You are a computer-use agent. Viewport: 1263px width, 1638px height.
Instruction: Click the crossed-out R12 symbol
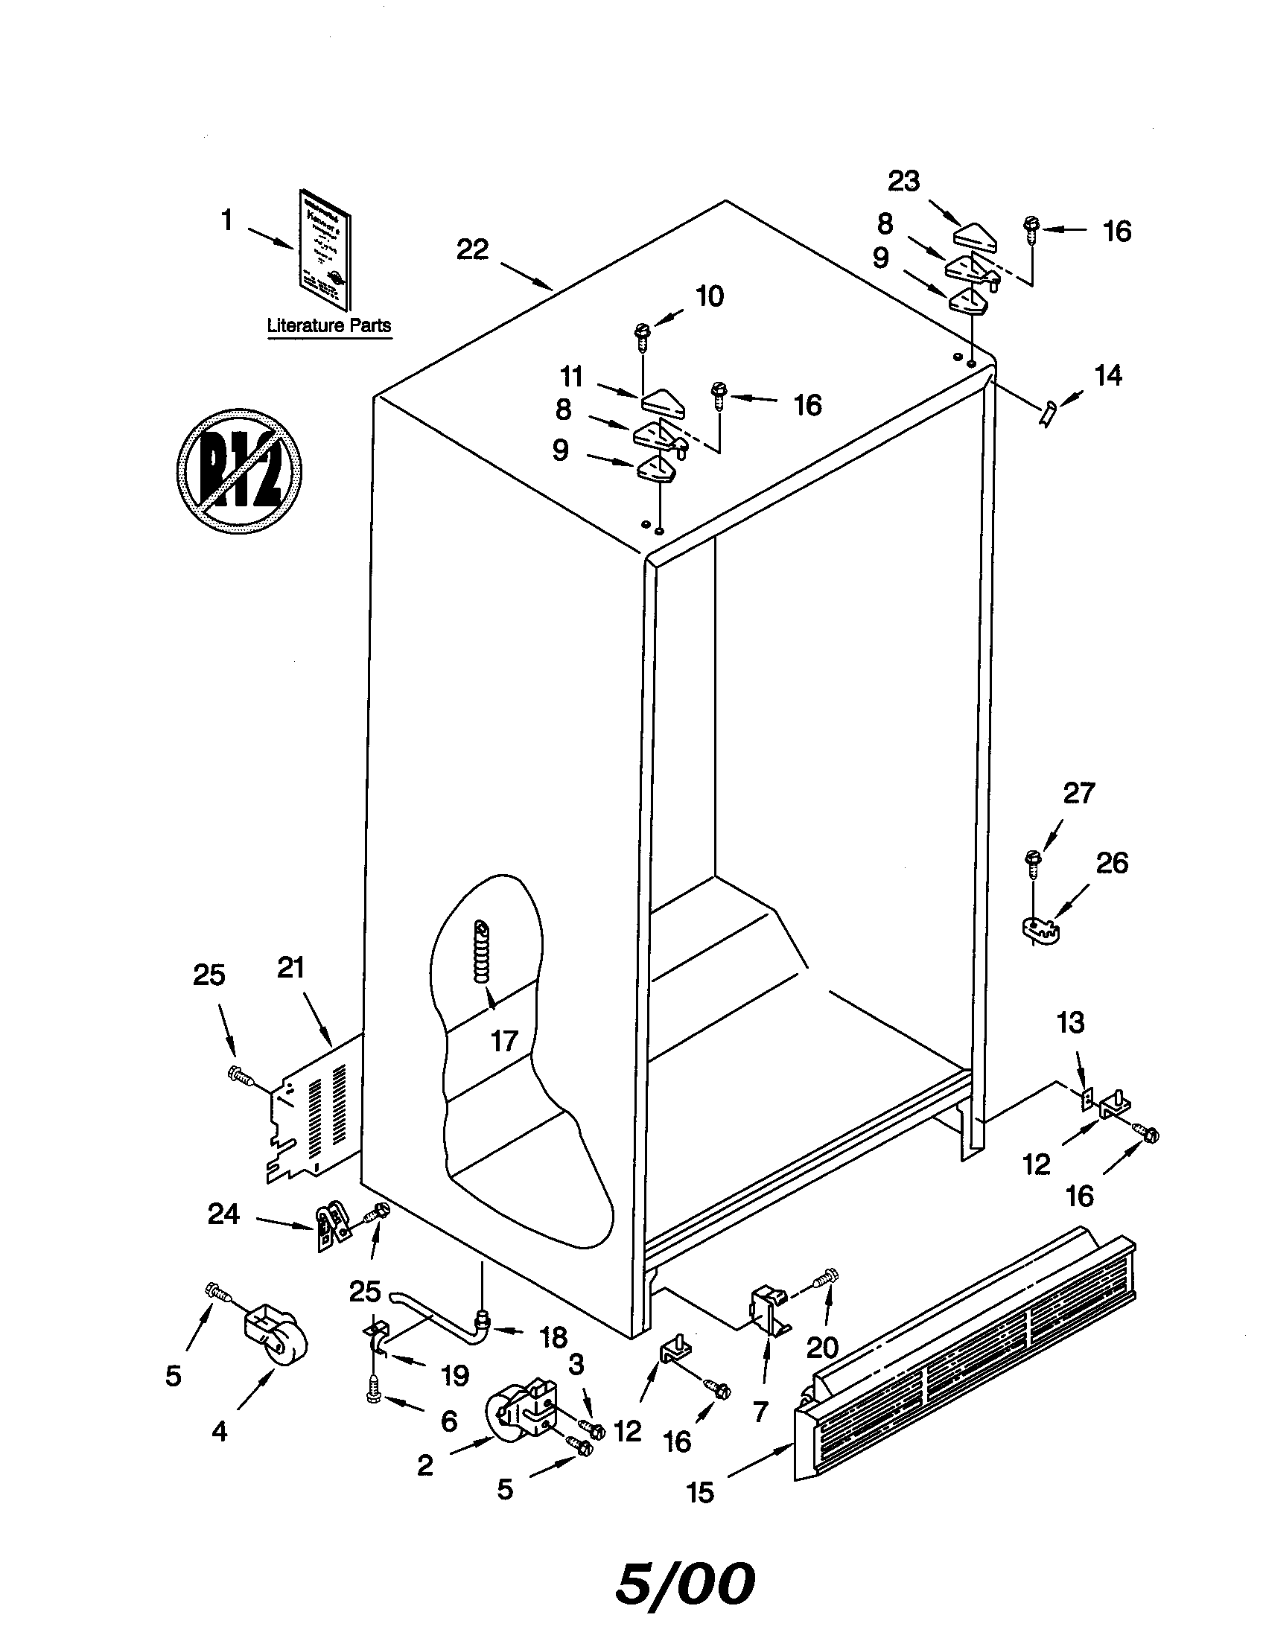click(x=238, y=471)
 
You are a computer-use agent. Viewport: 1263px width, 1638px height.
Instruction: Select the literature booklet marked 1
click(x=325, y=249)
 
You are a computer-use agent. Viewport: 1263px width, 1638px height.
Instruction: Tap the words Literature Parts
click(x=329, y=325)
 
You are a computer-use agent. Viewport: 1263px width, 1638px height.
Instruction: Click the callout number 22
click(x=472, y=249)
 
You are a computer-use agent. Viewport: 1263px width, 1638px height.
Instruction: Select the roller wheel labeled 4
click(x=276, y=1339)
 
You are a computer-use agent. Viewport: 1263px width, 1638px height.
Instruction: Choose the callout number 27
click(x=1078, y=793)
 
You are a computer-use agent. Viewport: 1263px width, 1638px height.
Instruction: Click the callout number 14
click(x=1108, y=375)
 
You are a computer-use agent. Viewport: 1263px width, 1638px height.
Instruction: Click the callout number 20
click(x=821, y=1348)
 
